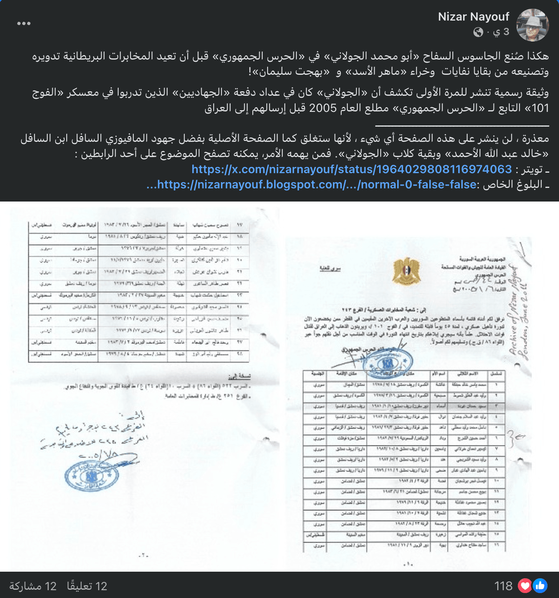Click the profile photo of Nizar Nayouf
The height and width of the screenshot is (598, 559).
pos(533,25)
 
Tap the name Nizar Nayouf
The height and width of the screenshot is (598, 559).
pos(473,17)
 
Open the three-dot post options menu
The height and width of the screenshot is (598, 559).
pos(24,23)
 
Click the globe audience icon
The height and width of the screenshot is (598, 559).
pos(478,32)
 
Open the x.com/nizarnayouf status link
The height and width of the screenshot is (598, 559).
pos(352,169)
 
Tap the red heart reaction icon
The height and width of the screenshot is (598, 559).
pos(525,586)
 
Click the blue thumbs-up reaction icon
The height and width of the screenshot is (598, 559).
pos(540,586)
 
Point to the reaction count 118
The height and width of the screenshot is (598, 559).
pos(503,586)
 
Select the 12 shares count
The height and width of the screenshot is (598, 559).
pos(33,586)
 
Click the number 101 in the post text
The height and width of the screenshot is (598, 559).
pos(540,108)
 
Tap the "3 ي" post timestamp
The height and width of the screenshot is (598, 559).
pos(501,32)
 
